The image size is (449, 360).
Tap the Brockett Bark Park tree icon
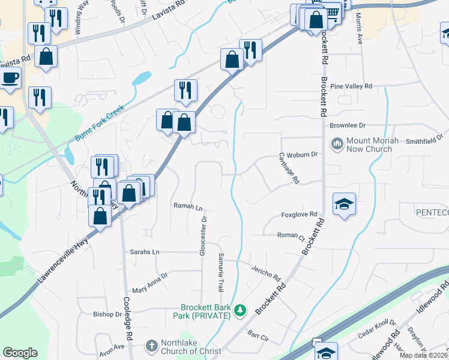tap(240, 310)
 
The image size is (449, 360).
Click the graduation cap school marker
tap(344, 204)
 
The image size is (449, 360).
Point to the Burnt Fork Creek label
tap(99, 124)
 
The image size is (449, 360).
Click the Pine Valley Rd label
tap(351, 86)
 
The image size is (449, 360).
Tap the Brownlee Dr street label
tap(348, 125)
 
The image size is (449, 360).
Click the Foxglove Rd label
tap(298, 214)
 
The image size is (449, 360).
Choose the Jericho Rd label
tap(267, 274)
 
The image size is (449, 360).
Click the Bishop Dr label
tap(107, 314)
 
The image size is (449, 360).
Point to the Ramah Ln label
tap(188, 206)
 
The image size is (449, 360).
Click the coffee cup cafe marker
tap(10, 78)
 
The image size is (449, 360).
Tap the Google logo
tap(20, 353)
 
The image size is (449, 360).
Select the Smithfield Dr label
tap(424, 142)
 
